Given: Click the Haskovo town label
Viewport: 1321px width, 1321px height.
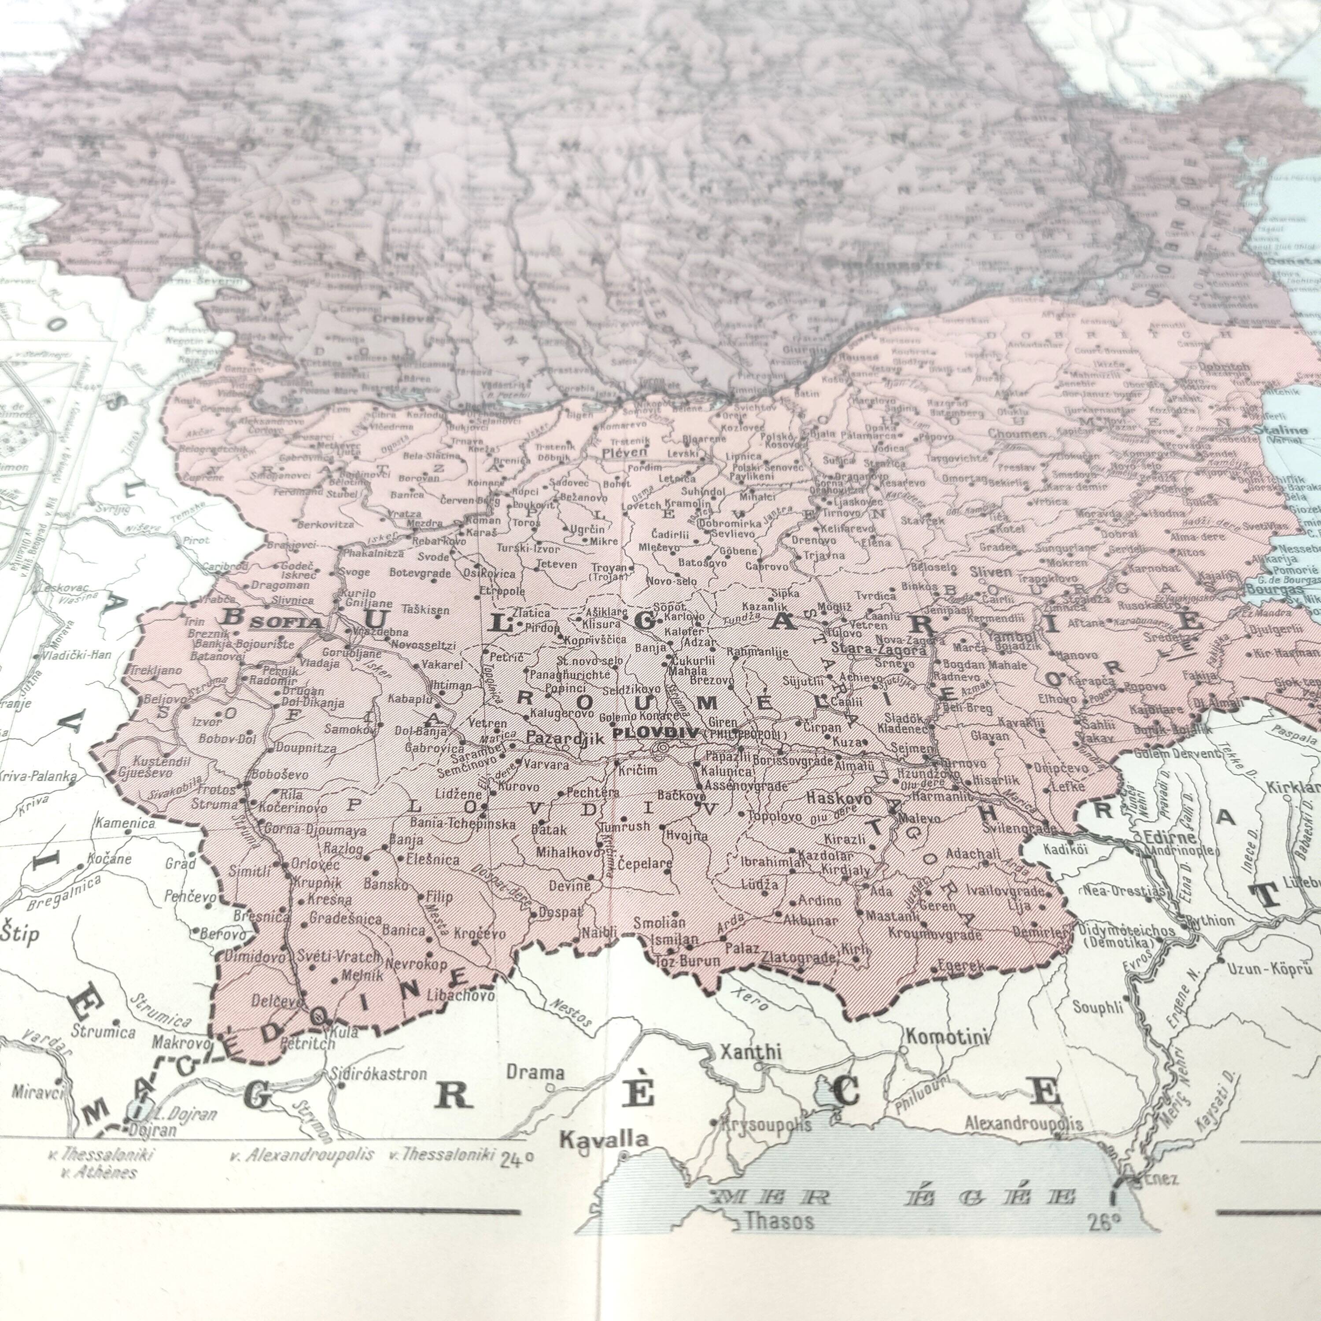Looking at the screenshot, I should [x=839, y=798].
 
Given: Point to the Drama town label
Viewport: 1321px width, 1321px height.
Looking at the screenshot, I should [x=535, y=1073].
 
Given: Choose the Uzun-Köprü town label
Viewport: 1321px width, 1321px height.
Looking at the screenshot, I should [x=1270, y=968].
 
